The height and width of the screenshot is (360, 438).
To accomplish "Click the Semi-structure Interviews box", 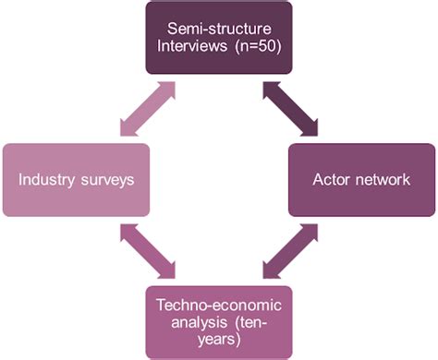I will tap(218, 38).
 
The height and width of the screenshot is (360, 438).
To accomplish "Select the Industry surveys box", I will tap(75, 179).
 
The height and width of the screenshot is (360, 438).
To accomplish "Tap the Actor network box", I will tap(361, 179).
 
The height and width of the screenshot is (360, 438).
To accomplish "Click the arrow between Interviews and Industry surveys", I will tap(147, 109).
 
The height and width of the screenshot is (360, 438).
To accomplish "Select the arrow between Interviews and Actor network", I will tap(290, 109).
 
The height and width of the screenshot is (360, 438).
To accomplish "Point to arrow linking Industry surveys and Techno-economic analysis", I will tap(147, 250).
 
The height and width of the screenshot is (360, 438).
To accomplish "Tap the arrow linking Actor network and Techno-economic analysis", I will tap(290, 250).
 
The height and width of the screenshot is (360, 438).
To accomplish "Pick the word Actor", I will tap(330, 179).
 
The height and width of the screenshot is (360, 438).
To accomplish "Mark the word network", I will tap(380, 179).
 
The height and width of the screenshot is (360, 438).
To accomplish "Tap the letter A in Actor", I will tap(317, 179).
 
